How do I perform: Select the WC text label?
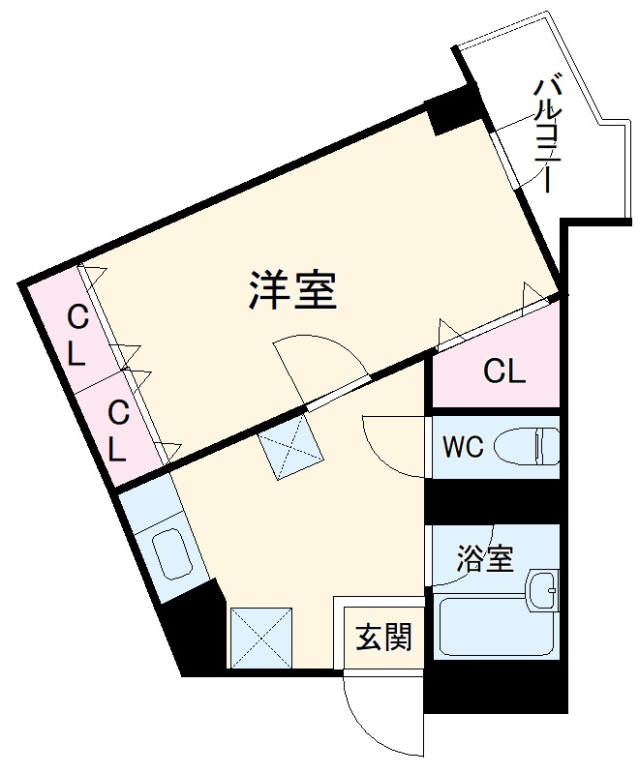pos(463,448)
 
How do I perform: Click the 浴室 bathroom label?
pos(485,559)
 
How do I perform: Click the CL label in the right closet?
pos(504,371)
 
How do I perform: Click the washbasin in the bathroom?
pos(543,589)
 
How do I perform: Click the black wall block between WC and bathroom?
pos(494,502)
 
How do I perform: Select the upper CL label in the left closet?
pos(77,335)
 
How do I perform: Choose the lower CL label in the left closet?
pos(117,431)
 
